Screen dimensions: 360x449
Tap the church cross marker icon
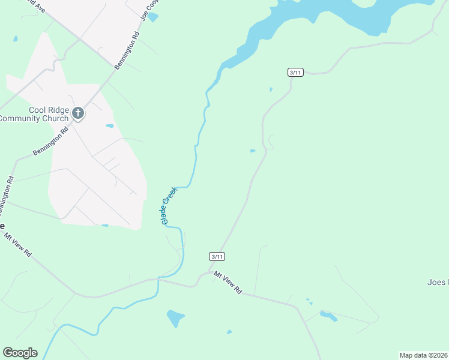click(x=77, y=113)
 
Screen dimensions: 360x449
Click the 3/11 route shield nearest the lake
click(x=295, y=73)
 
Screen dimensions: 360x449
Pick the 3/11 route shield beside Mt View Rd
click(x=217, y=256)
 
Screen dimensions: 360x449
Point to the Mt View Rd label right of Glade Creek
click(x=228, y=282)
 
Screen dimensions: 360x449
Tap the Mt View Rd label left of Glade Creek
click(x=18, y=244)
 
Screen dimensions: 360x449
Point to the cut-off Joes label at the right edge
click(x=437, y=282)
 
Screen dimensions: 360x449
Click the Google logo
click(x=20, y=353)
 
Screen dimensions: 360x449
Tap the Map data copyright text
click(x=423, y=355)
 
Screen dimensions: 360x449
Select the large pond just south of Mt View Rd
click(x=175, y=317)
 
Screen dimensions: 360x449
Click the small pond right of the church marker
click(x=109, y=126)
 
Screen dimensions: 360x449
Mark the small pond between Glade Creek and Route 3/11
click(x=253, y=151)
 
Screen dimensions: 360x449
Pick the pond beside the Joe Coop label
click(x=153, y=17)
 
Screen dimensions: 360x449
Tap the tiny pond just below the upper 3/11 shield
click(x=271, y=90)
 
